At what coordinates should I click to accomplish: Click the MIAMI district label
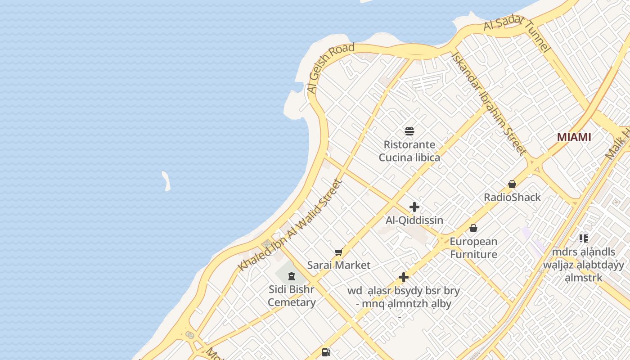pos(574,137)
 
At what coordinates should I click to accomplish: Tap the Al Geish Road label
pos(331,68)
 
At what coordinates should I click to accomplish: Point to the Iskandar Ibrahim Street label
pos(489,103)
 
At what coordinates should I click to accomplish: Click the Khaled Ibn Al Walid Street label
pos(290,225)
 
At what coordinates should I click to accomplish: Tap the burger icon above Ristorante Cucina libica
pos(409,131)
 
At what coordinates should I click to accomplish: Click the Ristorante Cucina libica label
pos(409,151)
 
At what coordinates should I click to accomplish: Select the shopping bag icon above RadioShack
pos(512,184)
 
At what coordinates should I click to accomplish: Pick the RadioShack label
pos(512,197)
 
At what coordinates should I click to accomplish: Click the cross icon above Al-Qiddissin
pos(414,207)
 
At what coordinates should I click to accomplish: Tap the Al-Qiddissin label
pos(414,220)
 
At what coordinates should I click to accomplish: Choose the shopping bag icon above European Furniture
pos(473,229)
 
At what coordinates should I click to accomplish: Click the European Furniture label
pos(473,248)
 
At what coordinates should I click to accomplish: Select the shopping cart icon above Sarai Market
pos(339,252)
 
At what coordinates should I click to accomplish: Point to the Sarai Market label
pos(339,265)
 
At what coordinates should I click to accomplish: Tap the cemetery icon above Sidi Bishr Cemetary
pos(292,276)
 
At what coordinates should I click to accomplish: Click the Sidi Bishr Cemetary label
pos(292,296)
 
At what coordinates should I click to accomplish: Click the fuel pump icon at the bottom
pos(326,352)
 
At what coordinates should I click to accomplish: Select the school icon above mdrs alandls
pos(584,238)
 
